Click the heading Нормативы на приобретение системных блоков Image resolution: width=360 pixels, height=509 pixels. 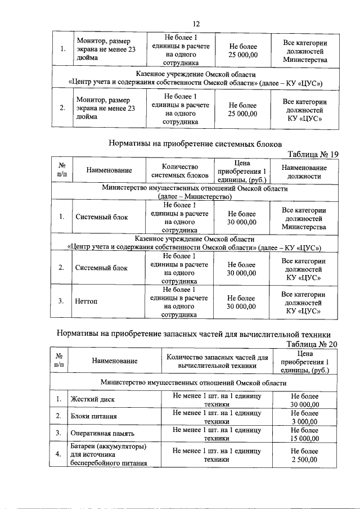(x=194, y=143)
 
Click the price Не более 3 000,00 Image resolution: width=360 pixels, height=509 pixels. (x=304, y=417)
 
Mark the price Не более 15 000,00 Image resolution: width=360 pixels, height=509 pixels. (x=304, y=434)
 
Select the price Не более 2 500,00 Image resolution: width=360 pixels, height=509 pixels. (x=304, y=455)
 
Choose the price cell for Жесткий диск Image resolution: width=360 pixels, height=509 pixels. (x=304, y=400)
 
